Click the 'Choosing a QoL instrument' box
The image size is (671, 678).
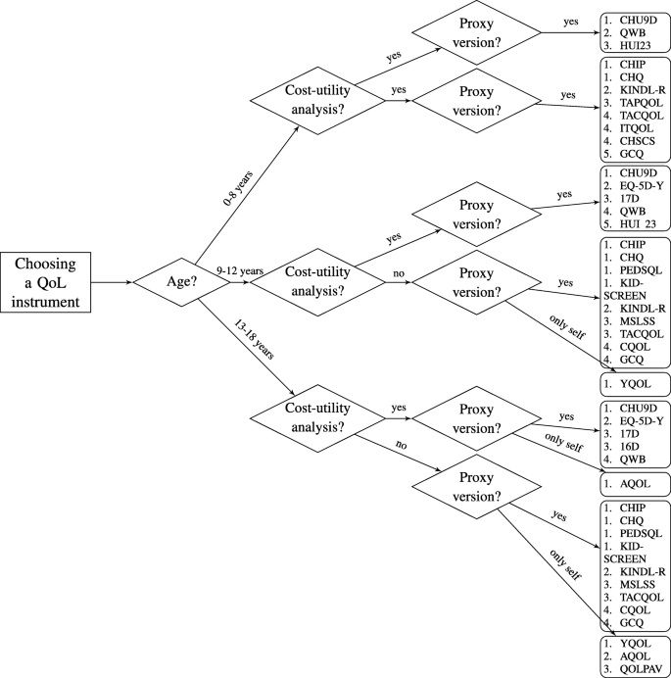tap(47, 282)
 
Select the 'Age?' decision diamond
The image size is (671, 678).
tap(167, 282)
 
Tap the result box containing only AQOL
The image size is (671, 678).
tap(634, 484)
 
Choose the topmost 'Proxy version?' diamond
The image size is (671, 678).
tap(478, 33)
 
